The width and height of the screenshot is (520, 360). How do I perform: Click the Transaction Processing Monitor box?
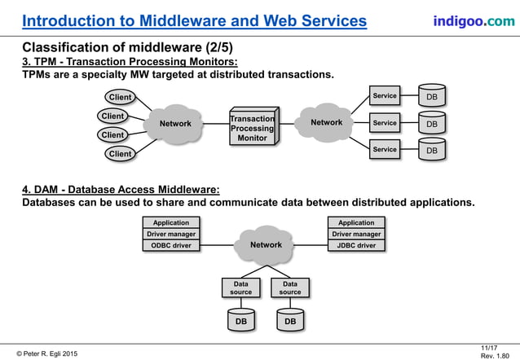tap(252, 128)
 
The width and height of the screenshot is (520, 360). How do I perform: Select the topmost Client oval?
tap(121, 98)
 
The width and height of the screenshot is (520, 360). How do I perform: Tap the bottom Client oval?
tap(121, 153)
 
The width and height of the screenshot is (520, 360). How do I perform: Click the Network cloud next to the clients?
tap(175, 125)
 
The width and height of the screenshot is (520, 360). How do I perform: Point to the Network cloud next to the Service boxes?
tap(326, 123)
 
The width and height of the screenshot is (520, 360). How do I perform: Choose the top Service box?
tap(385, 96)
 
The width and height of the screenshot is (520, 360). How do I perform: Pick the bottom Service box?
tap(385, 150)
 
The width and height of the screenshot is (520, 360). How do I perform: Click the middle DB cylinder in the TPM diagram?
tap(432, 124)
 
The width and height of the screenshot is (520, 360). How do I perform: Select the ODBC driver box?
tap(170, 245)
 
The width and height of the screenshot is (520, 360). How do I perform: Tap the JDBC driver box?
tap(356, 245)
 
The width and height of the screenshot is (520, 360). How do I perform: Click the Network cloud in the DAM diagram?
tap(265, 244)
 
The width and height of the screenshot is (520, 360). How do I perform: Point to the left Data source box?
tap(240, 288)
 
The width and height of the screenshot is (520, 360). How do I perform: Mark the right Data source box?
tap(290, 288)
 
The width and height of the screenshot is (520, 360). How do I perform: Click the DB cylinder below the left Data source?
tap(240, 322)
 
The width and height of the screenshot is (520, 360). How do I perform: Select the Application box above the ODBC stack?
tap(170, 222)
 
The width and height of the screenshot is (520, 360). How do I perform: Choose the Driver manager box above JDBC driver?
tap(356, 234)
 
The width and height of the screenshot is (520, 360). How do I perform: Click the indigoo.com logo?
tap(468, 20)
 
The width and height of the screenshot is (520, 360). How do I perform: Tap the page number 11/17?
tap(490, 346)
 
